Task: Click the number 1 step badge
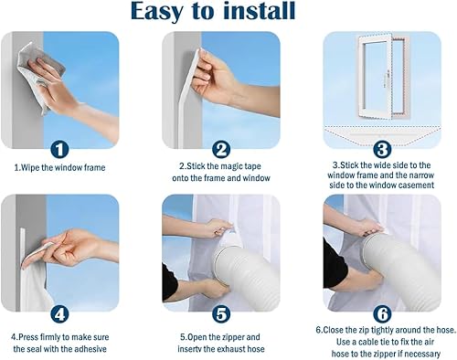(59, 150)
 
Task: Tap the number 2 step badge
(221, 150)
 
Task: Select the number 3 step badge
(382, 149)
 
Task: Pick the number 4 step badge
(59, 314)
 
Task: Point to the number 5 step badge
(221, 314)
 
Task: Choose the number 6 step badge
(382, 314)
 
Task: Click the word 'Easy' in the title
(157, 12)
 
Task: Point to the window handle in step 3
(388, 76)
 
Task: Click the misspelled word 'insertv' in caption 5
(189, 349)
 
